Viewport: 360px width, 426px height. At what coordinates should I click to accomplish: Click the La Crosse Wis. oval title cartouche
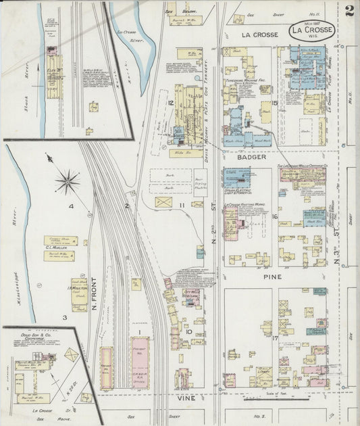311,31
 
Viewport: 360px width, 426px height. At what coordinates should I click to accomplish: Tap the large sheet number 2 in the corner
349,11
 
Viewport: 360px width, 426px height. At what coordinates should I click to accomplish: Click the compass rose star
67,181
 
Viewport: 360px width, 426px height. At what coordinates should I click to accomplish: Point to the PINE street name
255,277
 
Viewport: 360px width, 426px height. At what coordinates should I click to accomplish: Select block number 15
275,103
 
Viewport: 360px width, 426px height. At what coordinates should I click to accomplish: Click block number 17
275,337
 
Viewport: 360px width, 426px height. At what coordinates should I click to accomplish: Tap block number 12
172,102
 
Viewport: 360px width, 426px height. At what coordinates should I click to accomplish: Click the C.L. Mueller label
59,247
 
